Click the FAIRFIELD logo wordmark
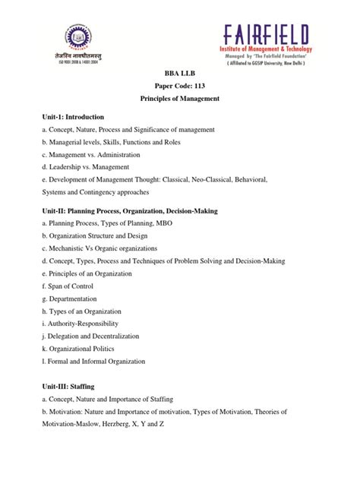pyautogui.click(x=266, y=34)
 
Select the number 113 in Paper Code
pyautogui.click(x=203, y=86)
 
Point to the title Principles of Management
pyautogui.click(x=180, y=99)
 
